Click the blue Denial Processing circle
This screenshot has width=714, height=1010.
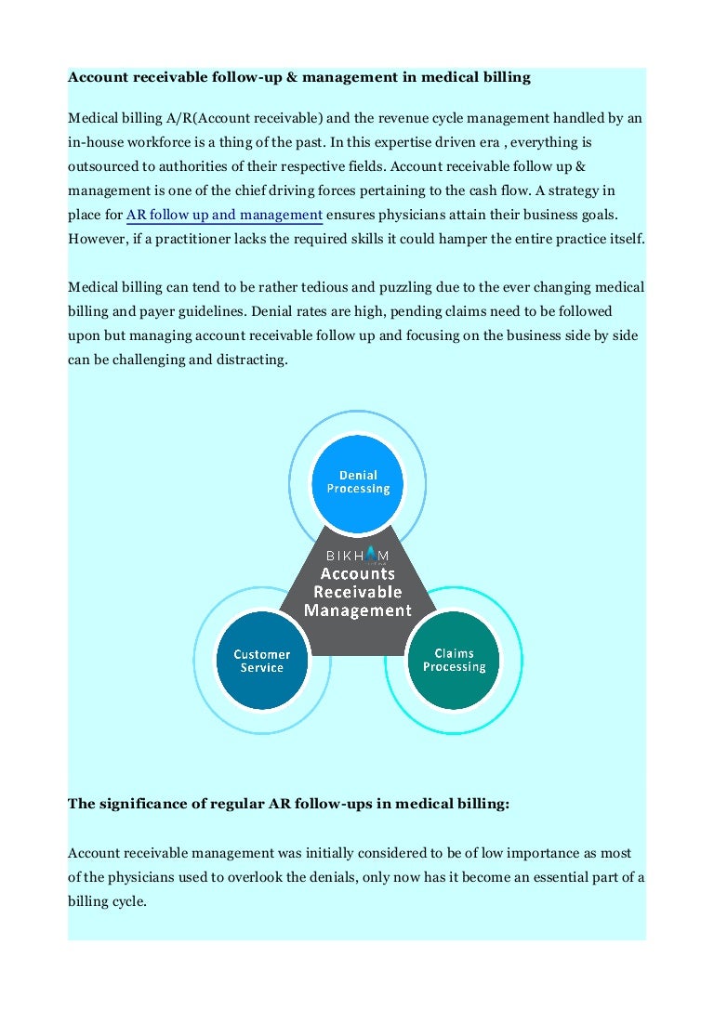click(358, 482)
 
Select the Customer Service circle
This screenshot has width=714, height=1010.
click(261, 661)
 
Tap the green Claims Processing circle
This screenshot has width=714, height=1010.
click(454, 660)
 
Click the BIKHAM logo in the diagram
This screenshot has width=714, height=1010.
click(358, 555)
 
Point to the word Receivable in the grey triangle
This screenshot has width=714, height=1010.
click(358, 592)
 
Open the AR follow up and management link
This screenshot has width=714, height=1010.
click(224, 216)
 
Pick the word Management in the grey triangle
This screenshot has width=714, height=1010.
click(358, 610)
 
